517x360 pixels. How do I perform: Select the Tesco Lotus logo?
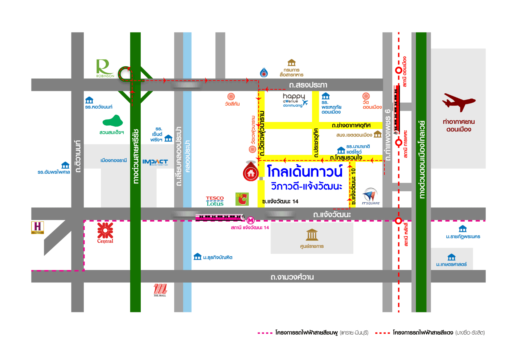coord(215,201)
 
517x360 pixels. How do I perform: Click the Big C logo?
coord(242,199)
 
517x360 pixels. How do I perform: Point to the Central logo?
coord(105,233)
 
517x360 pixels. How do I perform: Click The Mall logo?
coord(160,290)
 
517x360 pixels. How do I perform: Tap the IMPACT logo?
coord(155,162)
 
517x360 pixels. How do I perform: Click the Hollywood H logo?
coord(38,227)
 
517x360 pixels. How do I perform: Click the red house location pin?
coord(251,172)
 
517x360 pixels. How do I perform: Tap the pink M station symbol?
coord(251,220)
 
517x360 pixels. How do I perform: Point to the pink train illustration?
coord(220,217)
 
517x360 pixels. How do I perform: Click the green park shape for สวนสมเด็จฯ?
coord(113,121)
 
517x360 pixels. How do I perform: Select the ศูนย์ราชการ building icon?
coord(312,235)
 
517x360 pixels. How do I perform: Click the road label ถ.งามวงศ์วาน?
coord(292,277)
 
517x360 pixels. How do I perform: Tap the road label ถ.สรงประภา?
coord(308,85)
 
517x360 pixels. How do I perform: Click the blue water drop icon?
coord(264,72)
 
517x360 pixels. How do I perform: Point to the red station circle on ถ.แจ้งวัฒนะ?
coord(398,221)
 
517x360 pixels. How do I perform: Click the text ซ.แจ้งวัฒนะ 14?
coord(280,201)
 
